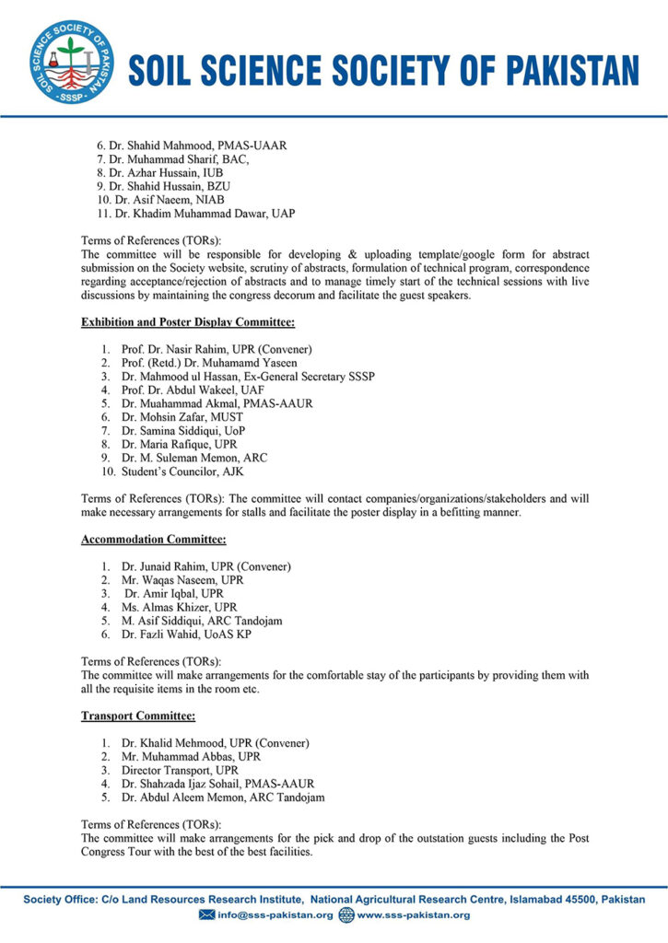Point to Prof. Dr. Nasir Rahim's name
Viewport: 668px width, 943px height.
pos(217,349)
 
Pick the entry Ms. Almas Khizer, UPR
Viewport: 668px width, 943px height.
pos(179,607)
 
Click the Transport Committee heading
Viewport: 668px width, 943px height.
pos(137,715)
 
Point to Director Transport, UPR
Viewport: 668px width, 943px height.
pos(180,769)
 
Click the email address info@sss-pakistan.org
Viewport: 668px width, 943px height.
pos(274,914)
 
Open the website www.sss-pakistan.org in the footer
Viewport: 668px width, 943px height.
pos(413,914)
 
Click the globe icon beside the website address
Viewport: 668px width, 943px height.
pos(346,914)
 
